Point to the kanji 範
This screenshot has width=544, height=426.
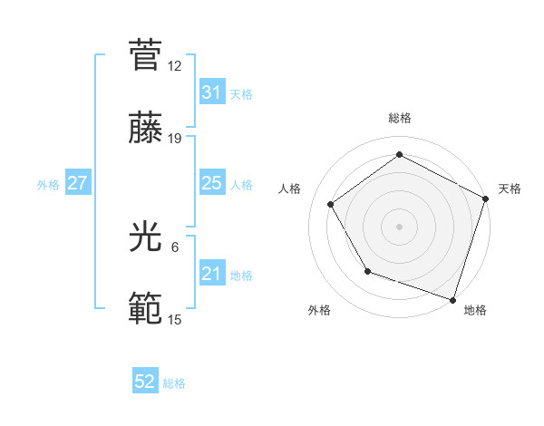pos(145,309)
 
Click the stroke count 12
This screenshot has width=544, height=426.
pos(175,66)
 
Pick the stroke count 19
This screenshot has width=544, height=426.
pos(175,138)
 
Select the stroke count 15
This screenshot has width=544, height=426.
pos(175,320)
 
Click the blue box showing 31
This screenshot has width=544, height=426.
pos(211,92)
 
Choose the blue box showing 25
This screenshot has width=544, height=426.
pos(211,183)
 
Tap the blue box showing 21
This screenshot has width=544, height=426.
pos(211,274)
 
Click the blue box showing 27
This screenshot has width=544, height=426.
pos(78,183)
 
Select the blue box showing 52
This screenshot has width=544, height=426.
pos(145,382)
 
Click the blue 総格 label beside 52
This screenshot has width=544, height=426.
pos(174,383)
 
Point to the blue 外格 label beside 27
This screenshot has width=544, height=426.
pos(48,185)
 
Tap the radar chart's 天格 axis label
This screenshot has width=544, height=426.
pos(510,189)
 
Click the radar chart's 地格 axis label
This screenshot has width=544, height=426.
pos(475,310)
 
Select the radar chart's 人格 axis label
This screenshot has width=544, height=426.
pos(289,189)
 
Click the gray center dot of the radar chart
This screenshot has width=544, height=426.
pos(399,227)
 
